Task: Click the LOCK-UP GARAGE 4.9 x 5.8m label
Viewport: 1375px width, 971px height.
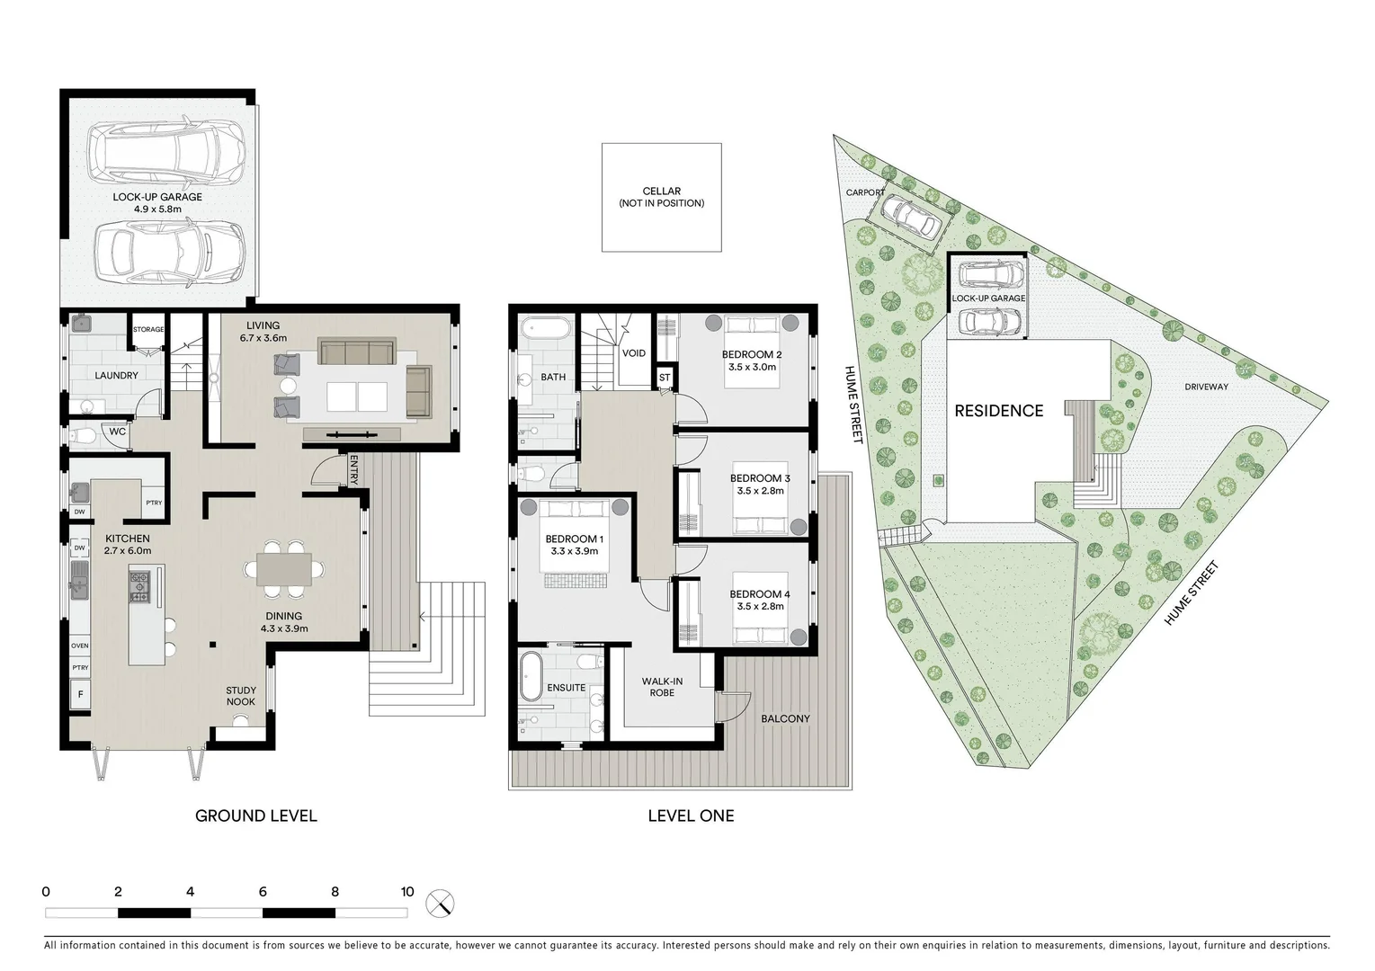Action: tap(157, 203)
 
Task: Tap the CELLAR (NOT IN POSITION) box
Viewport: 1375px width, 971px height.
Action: tap(661, 197)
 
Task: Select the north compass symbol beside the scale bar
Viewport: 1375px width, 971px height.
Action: tap(441, 903)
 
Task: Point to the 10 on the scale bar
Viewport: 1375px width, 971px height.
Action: tap(407, 892)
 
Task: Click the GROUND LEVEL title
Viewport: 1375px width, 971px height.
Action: tap(256, 816)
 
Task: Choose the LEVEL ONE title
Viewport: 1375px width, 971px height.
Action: tap(691, 816)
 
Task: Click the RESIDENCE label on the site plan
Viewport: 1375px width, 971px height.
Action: tap(998, 411)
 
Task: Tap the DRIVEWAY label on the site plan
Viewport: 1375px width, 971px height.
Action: tap(1206, 388)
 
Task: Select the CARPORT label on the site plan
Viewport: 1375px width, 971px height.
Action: tap(865, 192)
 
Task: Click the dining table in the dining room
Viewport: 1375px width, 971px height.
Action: tap(284, 570)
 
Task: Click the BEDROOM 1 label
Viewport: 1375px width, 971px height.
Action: tap(574, 545)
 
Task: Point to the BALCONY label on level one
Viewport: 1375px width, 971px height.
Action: tap(785, 719)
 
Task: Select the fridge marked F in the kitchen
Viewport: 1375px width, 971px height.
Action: tap(81, 694)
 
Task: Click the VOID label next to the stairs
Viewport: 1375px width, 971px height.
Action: tap(634, 353)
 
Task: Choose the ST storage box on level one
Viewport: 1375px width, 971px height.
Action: tap(665, 378)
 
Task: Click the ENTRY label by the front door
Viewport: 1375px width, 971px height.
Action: tap(353, 470)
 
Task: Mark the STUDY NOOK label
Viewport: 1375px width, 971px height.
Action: tap(240, 696)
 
